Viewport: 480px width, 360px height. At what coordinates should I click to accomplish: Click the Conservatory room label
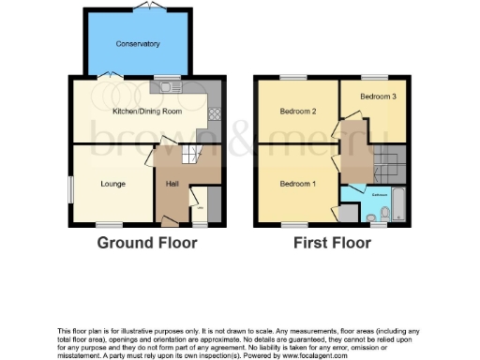(138, 44)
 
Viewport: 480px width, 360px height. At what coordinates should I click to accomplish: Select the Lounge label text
(113, 184)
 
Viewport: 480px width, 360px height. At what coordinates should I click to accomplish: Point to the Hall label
(172, 184)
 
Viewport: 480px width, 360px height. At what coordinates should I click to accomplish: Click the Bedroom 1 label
(297, 184)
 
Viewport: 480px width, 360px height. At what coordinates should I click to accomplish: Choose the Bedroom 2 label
(297, 112)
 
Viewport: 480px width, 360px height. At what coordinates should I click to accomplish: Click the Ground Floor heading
(148, 243)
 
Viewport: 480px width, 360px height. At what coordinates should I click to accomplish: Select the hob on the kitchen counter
(213, 113)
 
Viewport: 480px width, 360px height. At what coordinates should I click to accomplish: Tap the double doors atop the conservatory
(146, 7)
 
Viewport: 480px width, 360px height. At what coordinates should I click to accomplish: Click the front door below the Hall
(169, 221)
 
